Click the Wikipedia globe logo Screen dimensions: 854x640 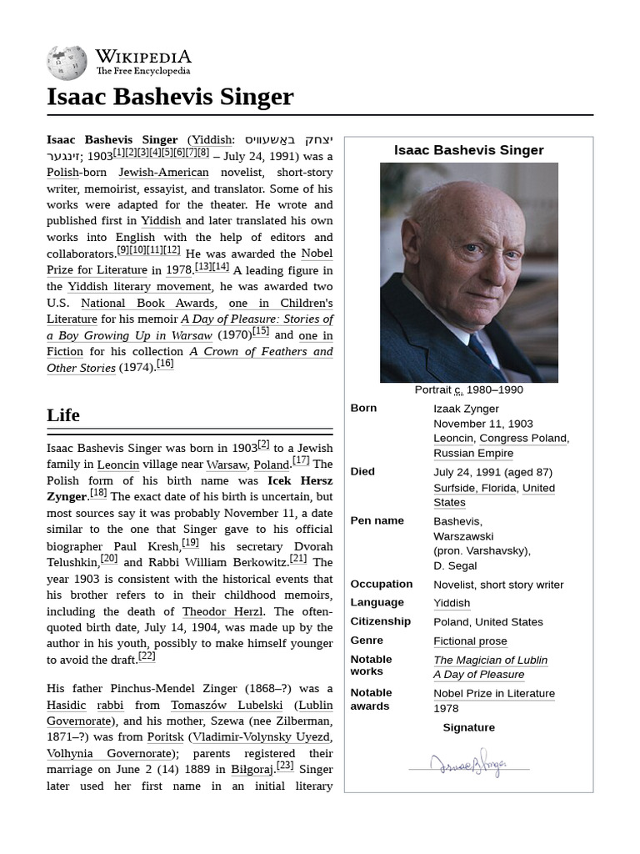click(67, 63)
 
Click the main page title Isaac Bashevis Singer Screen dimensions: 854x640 click(170, 97)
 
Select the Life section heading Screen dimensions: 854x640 click(63, 414)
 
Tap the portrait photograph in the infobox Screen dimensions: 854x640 click(468, 273)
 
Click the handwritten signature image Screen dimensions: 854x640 click(468, 763)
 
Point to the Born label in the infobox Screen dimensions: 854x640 click(363, 408)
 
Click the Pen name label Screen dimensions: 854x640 click(377, 520)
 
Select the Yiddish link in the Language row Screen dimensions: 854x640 click(451, 603)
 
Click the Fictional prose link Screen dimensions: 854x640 click(470, 640)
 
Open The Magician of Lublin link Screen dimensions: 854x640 click(490, 660)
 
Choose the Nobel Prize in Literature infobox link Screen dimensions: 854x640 click(493, 693)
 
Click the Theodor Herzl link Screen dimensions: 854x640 click(216, 611)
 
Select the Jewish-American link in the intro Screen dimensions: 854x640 click(163, 173)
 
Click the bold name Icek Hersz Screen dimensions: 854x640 click(299, 480)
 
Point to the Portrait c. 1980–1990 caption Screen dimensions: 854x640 click(468, 389)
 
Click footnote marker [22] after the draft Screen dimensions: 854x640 click(147, 656)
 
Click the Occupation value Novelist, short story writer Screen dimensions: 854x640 click(498, 585)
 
